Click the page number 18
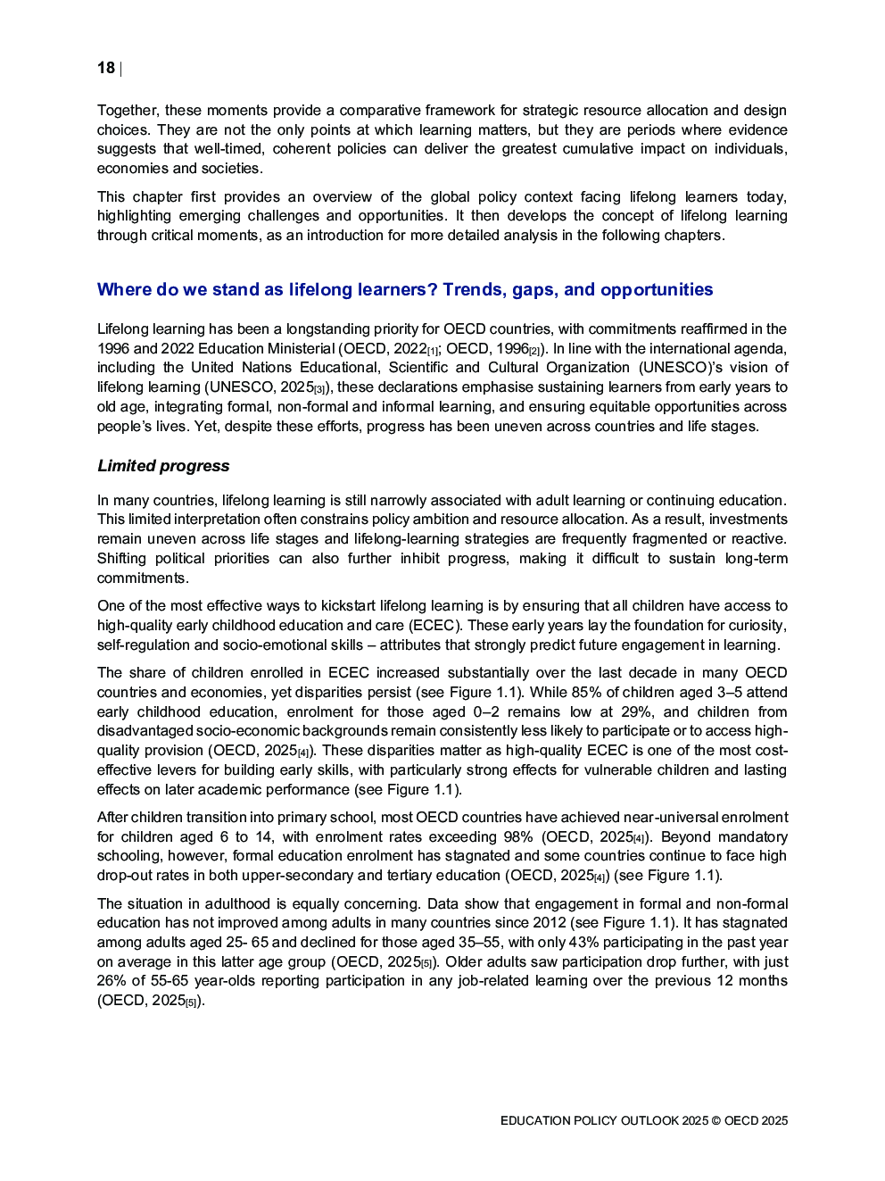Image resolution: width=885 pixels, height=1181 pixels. coord(106,68)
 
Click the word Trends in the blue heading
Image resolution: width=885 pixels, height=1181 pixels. coord(474,289)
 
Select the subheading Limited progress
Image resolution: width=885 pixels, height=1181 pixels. coord(163,466)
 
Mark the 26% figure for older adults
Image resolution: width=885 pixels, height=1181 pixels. coord(112,980)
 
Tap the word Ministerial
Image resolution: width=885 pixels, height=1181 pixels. coord(299,348)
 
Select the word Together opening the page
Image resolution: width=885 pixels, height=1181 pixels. coord(126,110)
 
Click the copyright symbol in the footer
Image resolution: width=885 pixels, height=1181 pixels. coord(715,1120)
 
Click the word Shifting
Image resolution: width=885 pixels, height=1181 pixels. coord(121,558)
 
